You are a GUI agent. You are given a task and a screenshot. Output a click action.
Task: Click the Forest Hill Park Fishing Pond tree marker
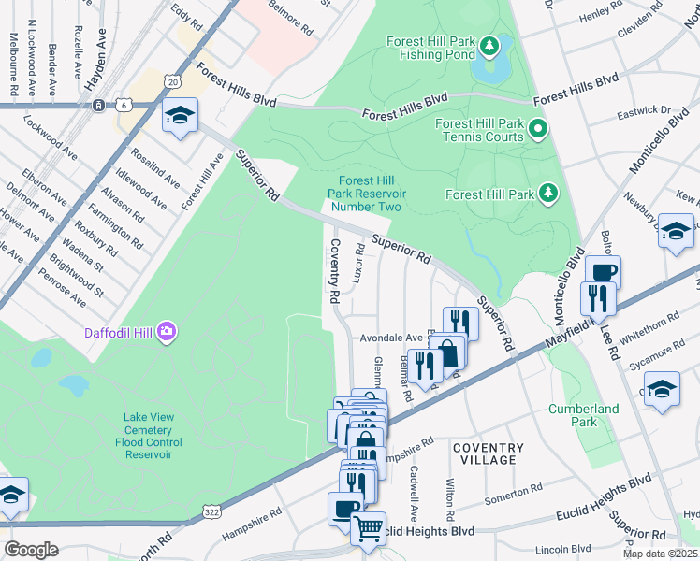coord(488,46)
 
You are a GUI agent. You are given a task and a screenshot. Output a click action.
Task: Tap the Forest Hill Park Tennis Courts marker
coord(537,128)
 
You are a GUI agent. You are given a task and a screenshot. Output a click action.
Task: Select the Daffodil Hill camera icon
coord(167,331)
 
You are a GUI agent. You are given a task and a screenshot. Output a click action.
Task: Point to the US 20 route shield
coord(172,83)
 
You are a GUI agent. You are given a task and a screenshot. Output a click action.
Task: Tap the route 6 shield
coord(124,106)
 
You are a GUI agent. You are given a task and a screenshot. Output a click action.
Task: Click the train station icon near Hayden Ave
coord(98,106)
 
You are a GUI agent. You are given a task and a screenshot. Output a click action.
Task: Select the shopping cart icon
coord(368,527)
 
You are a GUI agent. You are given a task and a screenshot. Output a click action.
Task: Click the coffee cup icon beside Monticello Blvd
coord(603,271)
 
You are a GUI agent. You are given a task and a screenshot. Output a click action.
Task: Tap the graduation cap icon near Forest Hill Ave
coord(181,115)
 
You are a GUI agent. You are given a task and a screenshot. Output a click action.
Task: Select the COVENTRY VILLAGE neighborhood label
coord(488,453)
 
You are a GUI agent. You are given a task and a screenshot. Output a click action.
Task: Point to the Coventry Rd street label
coord(333,271)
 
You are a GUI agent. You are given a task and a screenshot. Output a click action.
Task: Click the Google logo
coord(31,549)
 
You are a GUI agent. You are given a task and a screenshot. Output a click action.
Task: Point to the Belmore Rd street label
coord(290,18)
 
